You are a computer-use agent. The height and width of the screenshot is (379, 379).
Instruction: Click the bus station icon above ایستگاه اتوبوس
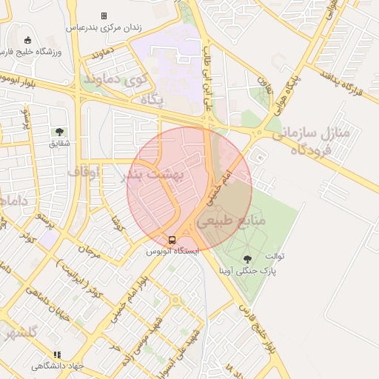172,240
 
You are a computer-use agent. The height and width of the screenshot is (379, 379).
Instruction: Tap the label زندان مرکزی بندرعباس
104,27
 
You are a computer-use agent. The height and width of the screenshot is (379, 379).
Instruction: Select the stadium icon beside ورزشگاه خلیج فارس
28,40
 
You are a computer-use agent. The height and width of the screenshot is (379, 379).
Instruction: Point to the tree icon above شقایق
58,132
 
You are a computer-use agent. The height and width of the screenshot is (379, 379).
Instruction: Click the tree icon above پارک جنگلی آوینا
246,259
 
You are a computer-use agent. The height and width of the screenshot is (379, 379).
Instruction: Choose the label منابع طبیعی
224,221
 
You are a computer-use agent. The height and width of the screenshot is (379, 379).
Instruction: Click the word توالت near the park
275,256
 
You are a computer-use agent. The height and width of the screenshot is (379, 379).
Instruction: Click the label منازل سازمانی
304,134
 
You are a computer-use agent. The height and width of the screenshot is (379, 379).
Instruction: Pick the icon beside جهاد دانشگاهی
58,355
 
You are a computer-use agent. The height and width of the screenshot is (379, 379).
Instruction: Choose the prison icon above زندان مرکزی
104,16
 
